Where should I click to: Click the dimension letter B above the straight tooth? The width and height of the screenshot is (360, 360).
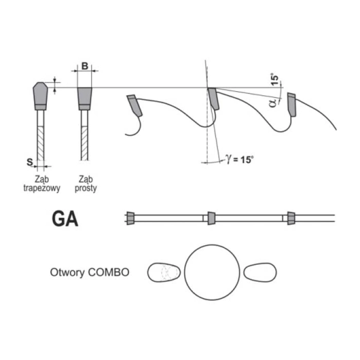[85, 66]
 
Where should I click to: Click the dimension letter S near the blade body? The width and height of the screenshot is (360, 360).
[30, 162]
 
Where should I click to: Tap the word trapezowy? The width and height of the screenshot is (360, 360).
[42, 188]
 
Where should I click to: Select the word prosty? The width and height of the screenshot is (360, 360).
[86, 188]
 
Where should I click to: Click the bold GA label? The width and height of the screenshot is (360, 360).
[65, 219]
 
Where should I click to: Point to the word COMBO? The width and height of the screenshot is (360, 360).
[109, 272]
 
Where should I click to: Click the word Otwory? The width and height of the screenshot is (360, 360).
[68, 273]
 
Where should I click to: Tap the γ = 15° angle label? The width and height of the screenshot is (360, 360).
[240, 159]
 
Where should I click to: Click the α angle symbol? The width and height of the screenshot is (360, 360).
[272, 103]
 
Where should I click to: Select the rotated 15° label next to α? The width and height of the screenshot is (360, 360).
[274, 79]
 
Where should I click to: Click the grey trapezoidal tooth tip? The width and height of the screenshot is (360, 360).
[40, 96]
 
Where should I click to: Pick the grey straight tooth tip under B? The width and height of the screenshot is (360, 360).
[84, 98]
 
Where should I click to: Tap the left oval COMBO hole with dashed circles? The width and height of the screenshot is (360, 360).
[164, 272]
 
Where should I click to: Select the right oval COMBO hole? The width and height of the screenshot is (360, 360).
[260, 272]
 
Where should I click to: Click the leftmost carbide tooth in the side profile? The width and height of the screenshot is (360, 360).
[134, 105]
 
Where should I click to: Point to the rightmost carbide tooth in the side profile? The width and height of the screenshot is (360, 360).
[291, 105]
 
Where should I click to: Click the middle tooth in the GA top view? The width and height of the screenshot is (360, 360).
[211, 218]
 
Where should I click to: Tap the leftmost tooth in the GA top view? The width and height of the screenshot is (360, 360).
[130, 218]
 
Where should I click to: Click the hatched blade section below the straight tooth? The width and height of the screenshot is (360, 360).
[84, 143]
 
